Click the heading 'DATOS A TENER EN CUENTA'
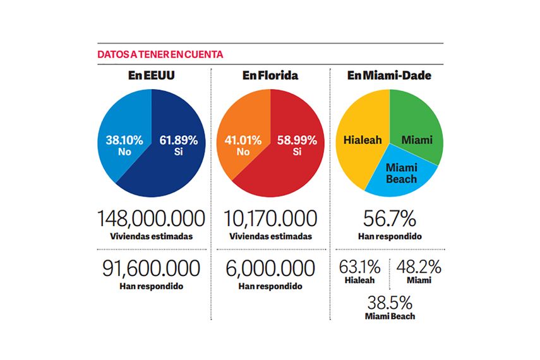pos(160,54)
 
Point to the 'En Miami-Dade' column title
pos(389,76)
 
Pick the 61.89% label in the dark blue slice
pos(177,141)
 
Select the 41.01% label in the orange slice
pos(238,141)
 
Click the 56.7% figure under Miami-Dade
pos(389,219)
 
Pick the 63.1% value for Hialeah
pos(359,267)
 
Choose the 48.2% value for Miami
pos(419,267)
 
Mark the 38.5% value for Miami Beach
pos(390,301)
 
